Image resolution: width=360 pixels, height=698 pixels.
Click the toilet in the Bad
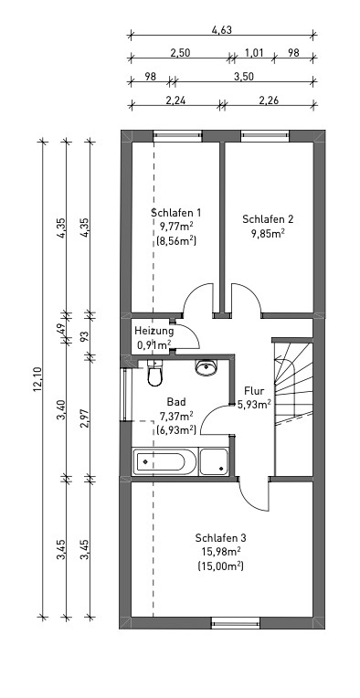154,373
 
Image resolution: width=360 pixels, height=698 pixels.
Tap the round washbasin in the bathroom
206,367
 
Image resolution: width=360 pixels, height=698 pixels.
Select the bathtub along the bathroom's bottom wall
165,462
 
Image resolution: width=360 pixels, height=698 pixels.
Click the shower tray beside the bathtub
214,462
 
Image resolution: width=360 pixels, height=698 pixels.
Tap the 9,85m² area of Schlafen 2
268,233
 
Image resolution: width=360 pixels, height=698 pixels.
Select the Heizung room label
154,331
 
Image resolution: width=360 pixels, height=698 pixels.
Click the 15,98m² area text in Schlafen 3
221,552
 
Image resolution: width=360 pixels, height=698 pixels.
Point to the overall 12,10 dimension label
37,379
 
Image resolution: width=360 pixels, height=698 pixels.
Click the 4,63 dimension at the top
222,30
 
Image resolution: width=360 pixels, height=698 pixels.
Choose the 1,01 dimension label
254,53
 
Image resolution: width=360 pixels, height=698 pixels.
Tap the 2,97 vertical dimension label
85,418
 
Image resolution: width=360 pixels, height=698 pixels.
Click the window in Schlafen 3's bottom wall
236,623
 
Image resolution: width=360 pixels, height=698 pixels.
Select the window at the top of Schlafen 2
265,135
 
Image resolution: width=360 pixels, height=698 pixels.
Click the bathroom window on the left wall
125,395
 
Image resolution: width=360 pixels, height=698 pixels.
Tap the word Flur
254,391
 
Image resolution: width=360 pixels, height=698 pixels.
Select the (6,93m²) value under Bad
176,429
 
